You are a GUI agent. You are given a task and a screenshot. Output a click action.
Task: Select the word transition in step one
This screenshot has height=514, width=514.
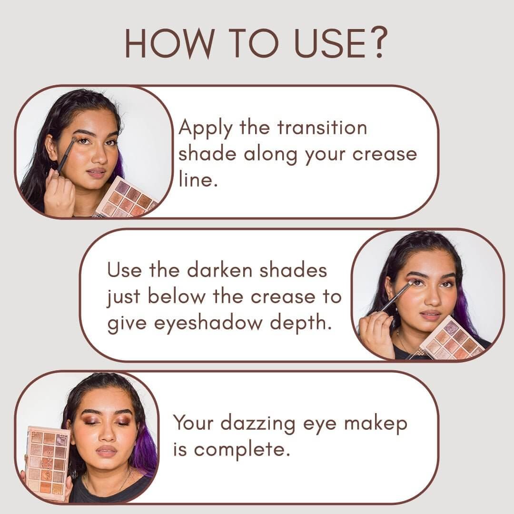[322, 128]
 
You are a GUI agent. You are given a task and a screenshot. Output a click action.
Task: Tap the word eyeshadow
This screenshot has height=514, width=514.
[208, 324]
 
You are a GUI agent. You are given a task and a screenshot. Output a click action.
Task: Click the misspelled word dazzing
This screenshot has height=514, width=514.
[258, 424]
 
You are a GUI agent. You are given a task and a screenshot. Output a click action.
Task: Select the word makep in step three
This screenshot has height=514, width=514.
[376, 425]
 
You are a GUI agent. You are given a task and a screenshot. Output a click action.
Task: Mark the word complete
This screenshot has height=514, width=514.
[242, 450]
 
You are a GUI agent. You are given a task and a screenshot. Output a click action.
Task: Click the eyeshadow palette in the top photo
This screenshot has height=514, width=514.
[126, 198]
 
